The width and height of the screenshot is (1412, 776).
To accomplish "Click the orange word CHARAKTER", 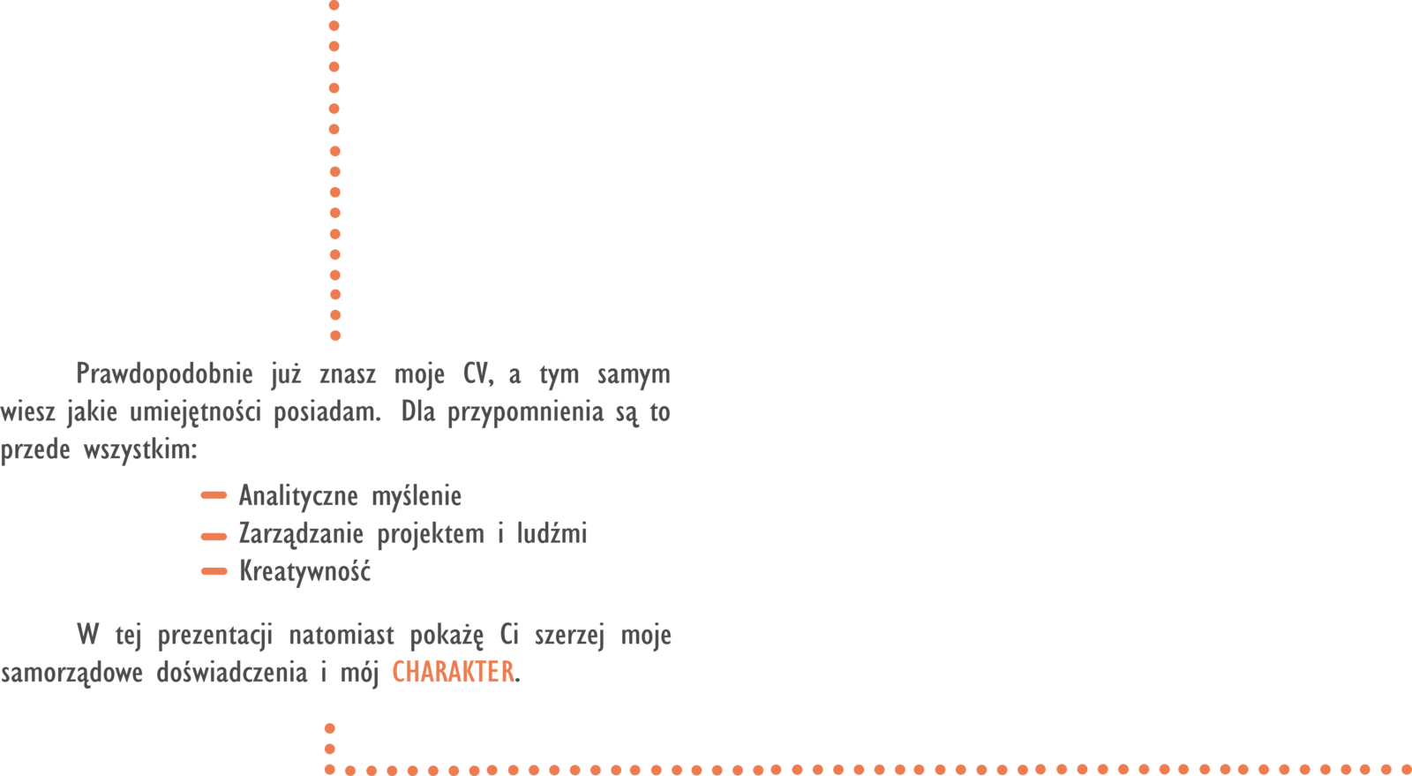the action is pyautogui.click(x=453, y=673).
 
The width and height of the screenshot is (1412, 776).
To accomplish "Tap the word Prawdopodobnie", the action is pyautogui.click(x=164, y=374).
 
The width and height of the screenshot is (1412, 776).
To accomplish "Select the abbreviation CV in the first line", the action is pyautogui.click(x=476, y=374).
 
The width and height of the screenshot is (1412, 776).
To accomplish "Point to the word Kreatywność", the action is pyautogui.click(x=304, y=572).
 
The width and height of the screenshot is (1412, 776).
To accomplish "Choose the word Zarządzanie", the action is pyautogui.click(x=300, y=535).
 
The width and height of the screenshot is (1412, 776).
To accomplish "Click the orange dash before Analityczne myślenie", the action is pyautogui.click(x=214, y=496).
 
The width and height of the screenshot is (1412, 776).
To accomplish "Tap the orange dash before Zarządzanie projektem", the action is pyautogui.click(x=214, y=536).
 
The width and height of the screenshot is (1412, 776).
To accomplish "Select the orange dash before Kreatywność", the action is pyautogui.click(x=214, y=572).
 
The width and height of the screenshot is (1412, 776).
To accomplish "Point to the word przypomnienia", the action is pyautogui.click(x=525, y=413).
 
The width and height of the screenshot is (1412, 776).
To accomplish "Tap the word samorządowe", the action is pyautogui.click(x=71, y=674).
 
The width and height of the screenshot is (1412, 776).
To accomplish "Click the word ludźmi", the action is pyautogui.click(x=552, y=534).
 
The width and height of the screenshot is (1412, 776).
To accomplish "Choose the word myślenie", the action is pyautogui.click(x=417, y=496).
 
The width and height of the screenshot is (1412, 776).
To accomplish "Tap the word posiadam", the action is pyautogui.click(x=327, y=413).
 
